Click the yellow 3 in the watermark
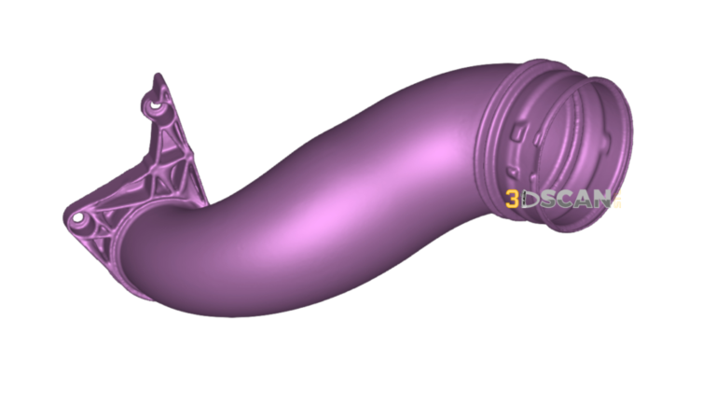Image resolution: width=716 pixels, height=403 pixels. click(x=513, y=199)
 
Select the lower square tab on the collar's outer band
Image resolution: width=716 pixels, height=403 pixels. click(x=511, y=173)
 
